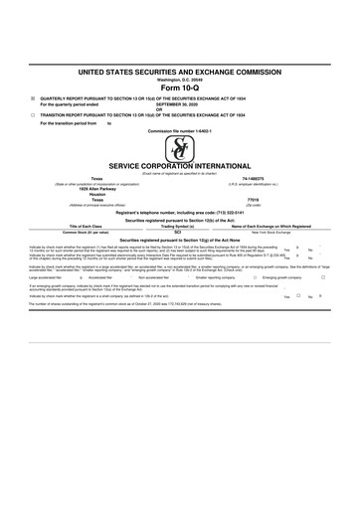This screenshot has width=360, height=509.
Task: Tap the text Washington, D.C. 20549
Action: pos(180,80)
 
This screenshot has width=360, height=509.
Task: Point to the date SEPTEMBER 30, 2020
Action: pos(180,103)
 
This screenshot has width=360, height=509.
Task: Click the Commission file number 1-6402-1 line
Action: pos(180,130)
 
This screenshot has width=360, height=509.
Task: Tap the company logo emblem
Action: pos(180,149)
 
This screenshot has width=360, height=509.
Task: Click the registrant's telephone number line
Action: pos(180,213)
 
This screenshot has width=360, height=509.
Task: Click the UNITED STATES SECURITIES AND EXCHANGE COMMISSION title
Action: pos(180,72)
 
